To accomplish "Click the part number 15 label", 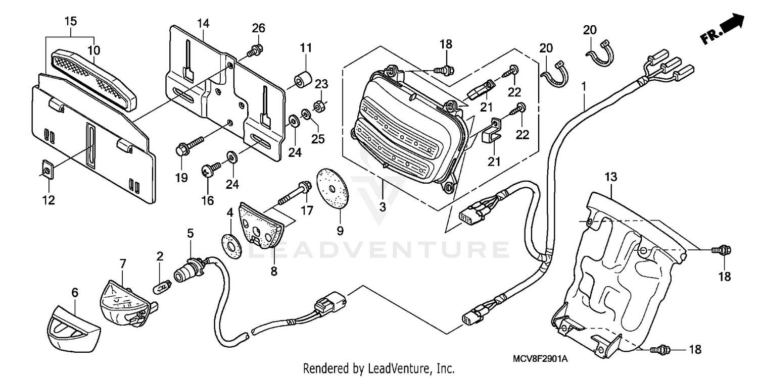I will click(70, 21).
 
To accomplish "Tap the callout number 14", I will click(203, 23).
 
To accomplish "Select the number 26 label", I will click(258, 28).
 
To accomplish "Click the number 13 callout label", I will click(610, 177).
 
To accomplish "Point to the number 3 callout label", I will click(383, 207).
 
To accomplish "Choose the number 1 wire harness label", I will click(584, 86).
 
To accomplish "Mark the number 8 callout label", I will click(273, 271).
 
